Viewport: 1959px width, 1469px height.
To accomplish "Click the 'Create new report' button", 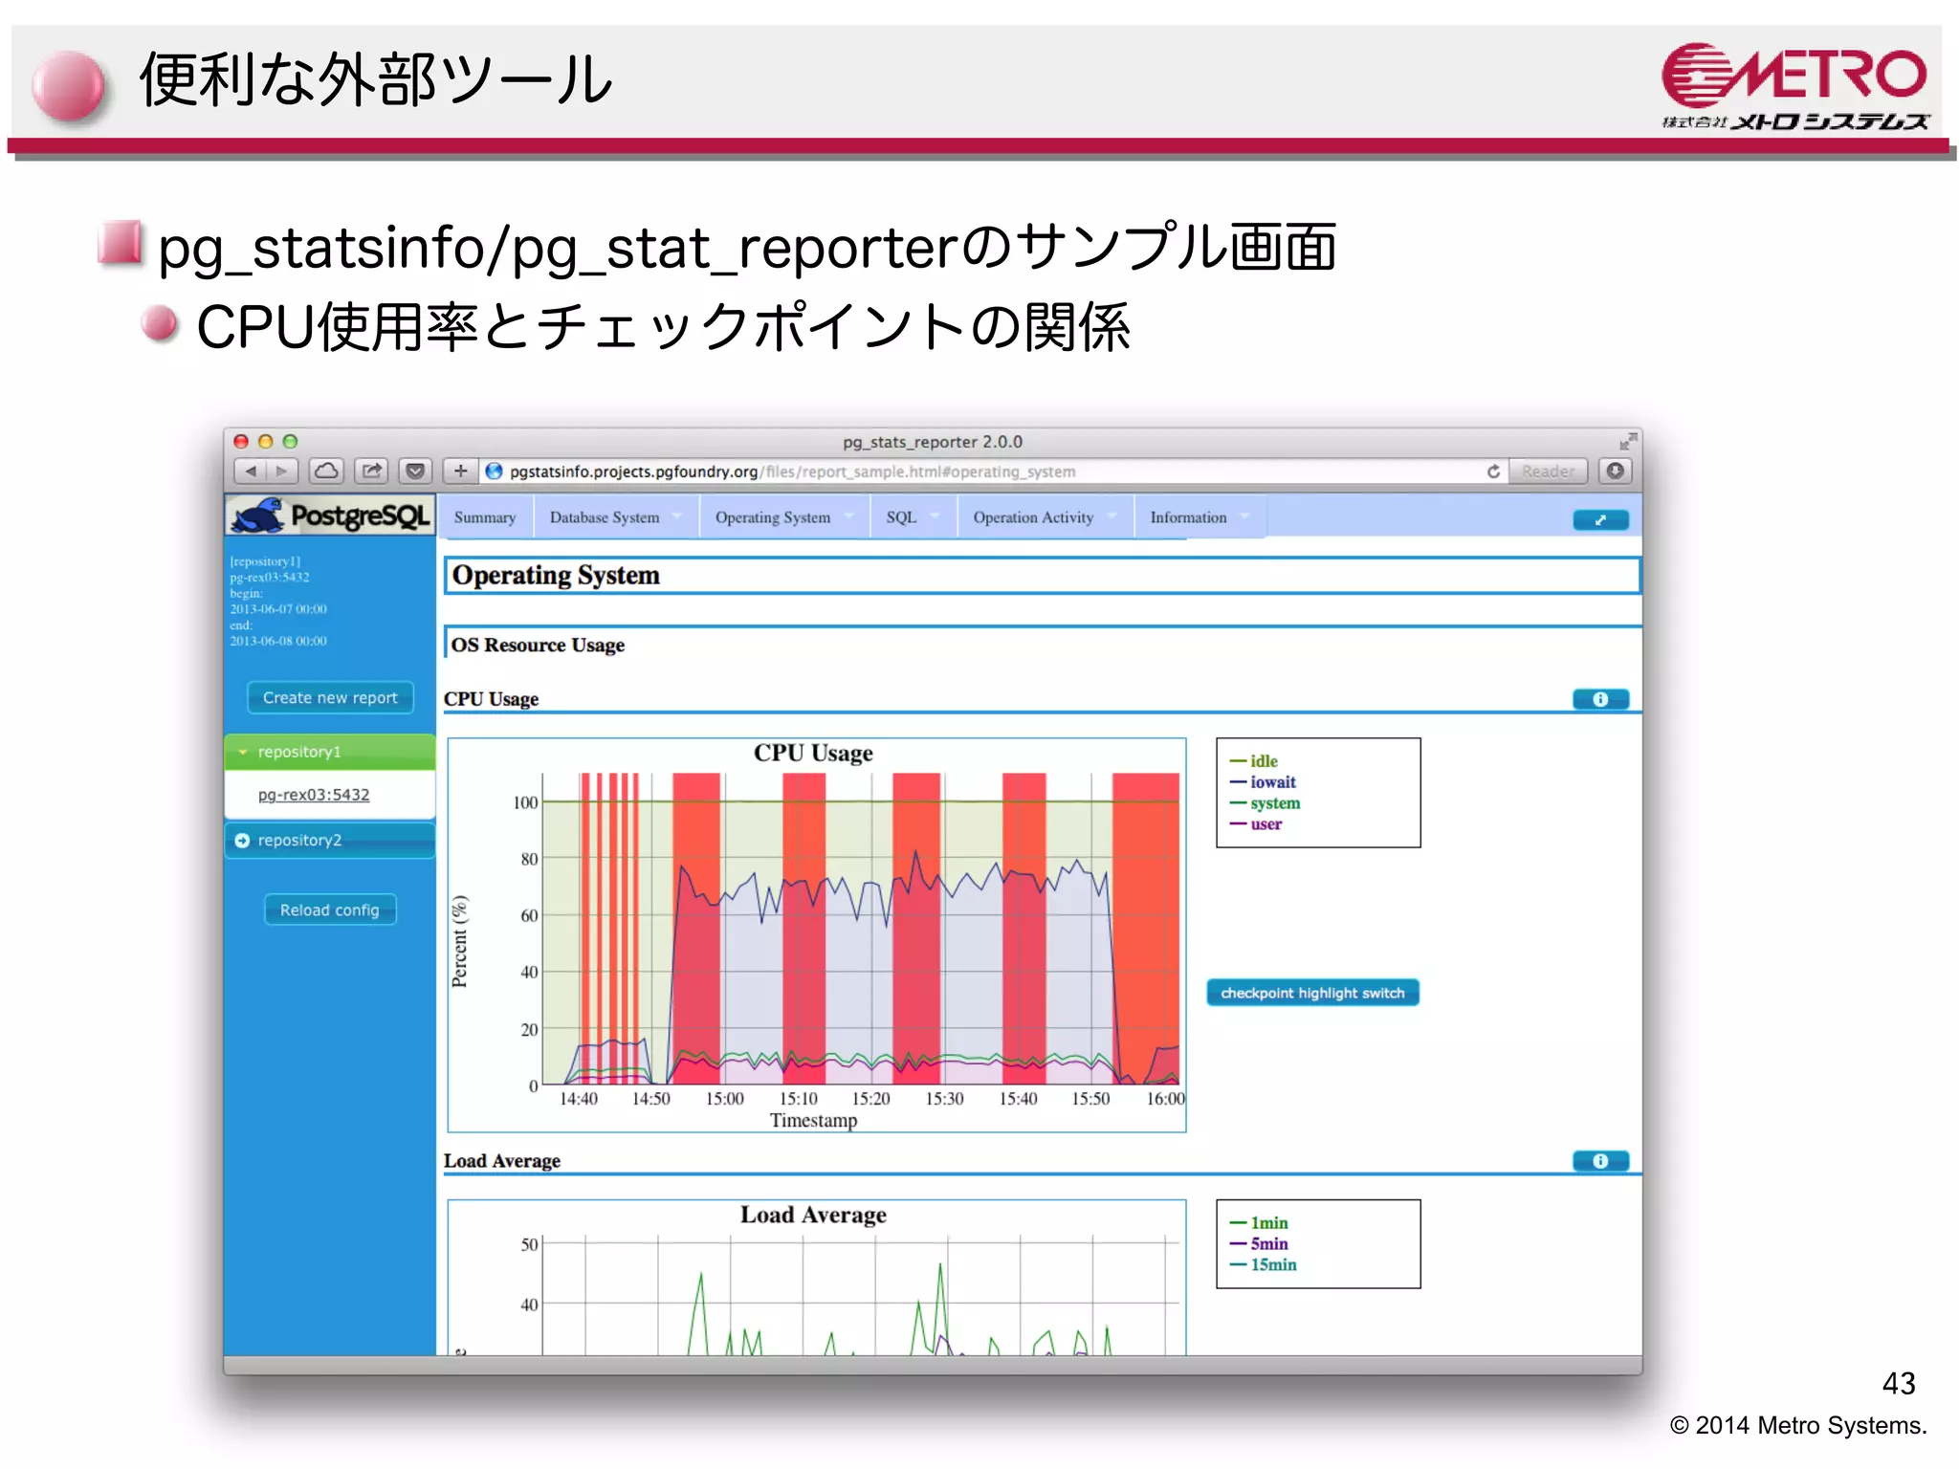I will click(x=330, y=697).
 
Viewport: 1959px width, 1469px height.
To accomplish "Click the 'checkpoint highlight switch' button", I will click(x=1312, y=993).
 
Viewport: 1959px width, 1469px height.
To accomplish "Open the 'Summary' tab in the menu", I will click(x=484, y=517).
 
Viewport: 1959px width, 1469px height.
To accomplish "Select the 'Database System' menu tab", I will click(x=605, y=517).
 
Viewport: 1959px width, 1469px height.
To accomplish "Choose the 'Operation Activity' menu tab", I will click(x=1033, y=517).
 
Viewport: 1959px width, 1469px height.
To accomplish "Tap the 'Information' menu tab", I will click(x=1188, y=517).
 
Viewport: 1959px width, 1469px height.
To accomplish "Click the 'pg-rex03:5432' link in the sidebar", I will click(x=314, y=795).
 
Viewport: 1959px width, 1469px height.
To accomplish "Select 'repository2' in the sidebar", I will click(x=299, y=840).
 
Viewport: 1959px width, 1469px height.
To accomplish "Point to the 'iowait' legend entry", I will click(x=1272, y=782).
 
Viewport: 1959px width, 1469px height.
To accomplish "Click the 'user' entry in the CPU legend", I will click(x=1266, y=824).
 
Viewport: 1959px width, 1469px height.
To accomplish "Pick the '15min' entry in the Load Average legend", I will click(x=1273, y=1264).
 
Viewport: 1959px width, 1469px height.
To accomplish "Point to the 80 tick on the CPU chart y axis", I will click(x=529, y=859).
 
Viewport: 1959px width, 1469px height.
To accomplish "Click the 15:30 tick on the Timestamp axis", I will click(x=944, y=1099).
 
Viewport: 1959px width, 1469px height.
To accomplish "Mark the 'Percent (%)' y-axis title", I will click(x=460, y=941).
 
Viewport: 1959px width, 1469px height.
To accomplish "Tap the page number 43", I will click(x=1898, y=1383).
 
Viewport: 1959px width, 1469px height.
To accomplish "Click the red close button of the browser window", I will click(x=242, y=442).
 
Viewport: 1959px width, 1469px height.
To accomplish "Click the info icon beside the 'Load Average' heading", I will click(x=1600, y=1161).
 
